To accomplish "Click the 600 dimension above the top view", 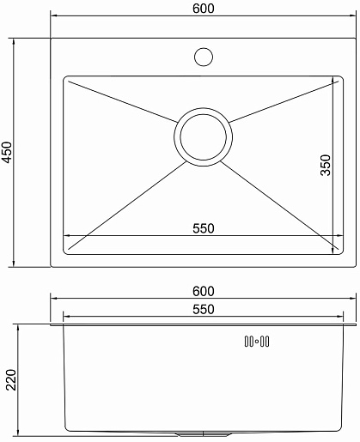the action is pyautogui.click(x=204, y=9).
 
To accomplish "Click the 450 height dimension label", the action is pyautogui.click(x=7, y=152).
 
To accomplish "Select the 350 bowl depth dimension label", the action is pyautogui.click(x=326, y=165).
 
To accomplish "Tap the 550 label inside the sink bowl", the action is pyautogui.click(x=204, y=228).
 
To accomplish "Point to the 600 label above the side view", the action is pyautogui.click(x=204, y=291).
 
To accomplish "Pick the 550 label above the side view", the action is pyautogui.click(x=204, y=309).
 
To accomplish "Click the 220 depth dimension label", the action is pyautogui.click(x=11, y=380).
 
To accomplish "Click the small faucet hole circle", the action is pyautogui.click(x=204, y=57).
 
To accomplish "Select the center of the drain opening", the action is pyautogui.click(x=203, y=137).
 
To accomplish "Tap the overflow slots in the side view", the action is pyautogui.click(x=257, y=342).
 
